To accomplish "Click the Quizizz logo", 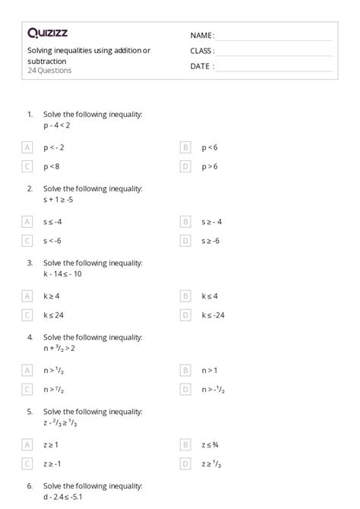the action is tap(49, 33).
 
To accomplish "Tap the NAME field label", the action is tap(202, 35).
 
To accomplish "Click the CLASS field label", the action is tap(202, 51).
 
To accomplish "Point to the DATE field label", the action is tap(202, 66).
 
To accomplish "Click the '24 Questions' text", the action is tap(49, 71).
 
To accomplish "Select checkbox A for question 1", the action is tap(28, 147).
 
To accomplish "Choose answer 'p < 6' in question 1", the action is tap(209, 147).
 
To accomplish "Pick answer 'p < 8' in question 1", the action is tap(52, 166).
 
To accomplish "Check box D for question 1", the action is tap(185, 166).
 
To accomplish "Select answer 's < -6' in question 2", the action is tap(53, 240).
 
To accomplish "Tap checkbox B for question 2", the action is tap(185, 222).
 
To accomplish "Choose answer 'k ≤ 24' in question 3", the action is tap(54, 315).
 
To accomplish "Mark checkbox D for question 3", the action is tap(185, 315).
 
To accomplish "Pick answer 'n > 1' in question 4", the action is tap(210, 371).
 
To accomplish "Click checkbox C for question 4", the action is tap(28, 389).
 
